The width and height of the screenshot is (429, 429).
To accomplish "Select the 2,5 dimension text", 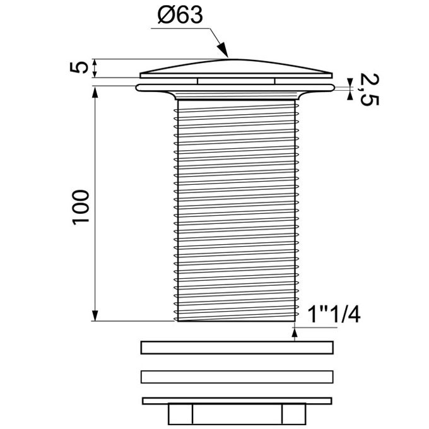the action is (x=369, y=90).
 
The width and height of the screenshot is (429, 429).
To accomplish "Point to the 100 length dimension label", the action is (x=81, y=207).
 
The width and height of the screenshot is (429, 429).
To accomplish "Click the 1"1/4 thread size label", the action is (x=334, y=315).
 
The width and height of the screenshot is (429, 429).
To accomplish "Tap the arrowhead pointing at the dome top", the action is (x=223, y=50).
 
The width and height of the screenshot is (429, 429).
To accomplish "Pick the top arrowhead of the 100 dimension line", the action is (x=95, y=93).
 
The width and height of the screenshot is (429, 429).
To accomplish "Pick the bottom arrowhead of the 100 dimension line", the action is (x=95, y=315).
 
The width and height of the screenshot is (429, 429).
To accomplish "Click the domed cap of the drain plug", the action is (x=236, y=68).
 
